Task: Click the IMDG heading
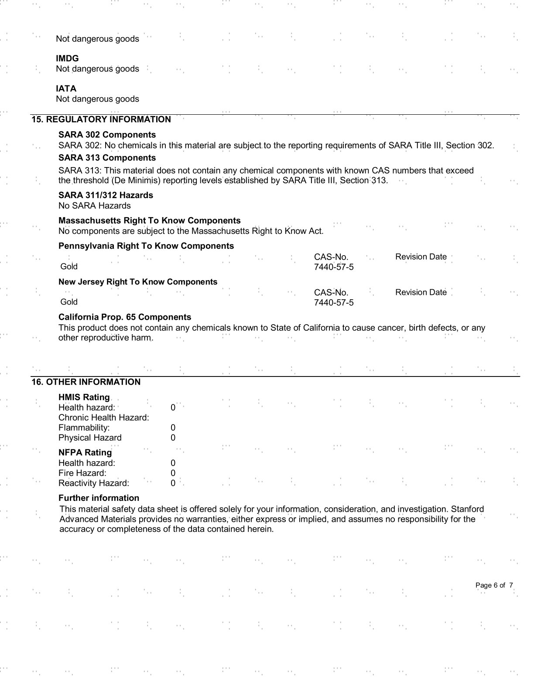tap(67, 58)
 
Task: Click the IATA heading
tap(66, 89)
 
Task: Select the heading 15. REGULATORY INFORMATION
tap(101, 120)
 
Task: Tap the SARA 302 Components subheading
tap(107, 135)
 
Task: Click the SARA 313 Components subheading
tap(107, 158)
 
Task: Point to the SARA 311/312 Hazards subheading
tap(106, 195)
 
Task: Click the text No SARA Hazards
tap(94, 205)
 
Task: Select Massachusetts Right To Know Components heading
tap(149, 221)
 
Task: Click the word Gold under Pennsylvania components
tap(69, 267)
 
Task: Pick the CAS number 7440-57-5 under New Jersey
tap(334, 302)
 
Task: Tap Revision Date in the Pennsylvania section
tap(421, 257)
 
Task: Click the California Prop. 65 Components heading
tap(125, 317)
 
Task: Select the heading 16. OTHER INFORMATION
tap(86, 382)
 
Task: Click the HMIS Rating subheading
tap(84, 397)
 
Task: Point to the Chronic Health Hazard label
tap(103, 417)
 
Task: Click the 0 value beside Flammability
tap(173, 428)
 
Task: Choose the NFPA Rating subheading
tap(85, 452)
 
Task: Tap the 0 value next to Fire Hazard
tap(173, 473)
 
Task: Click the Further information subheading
tap(99, 498)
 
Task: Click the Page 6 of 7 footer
tap(494, 585)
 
